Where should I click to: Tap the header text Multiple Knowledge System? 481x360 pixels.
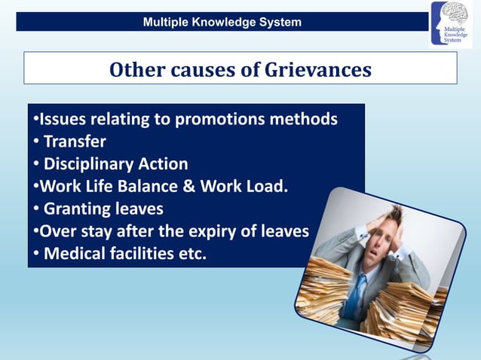tap(222, 22)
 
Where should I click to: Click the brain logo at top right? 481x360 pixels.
tap(450, 24)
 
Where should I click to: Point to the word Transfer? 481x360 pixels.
tap(75, 141)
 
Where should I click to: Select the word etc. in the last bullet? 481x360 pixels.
tap(188, 253)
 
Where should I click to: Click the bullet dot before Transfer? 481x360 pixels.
tap(35, 142)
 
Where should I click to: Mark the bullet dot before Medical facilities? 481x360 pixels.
tap(35, 254)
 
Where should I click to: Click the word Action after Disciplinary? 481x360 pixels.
tap(164, 163)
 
